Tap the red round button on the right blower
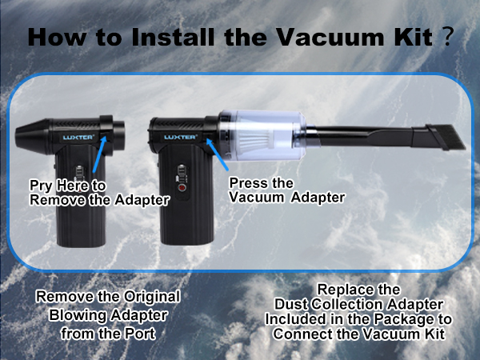pyautogui.click(x=181, y=190)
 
